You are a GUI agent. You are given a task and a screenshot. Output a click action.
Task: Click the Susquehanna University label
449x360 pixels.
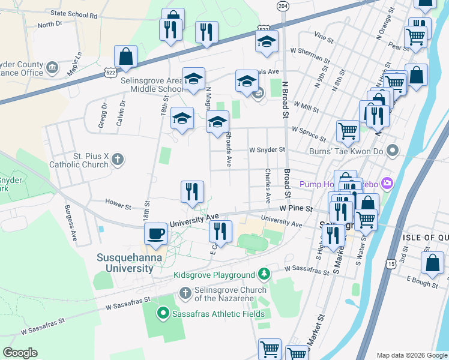pos(125,263)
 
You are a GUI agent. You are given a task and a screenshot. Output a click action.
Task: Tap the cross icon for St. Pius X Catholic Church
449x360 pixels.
pos(118,159)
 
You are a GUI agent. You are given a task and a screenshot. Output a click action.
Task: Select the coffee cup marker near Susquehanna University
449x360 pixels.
pos(156,234)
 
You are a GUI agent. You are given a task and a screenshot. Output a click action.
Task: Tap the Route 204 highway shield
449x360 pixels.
pos(282,5)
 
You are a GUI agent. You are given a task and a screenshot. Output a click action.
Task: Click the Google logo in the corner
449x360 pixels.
pos(20,353)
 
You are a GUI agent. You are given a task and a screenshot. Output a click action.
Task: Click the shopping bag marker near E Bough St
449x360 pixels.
pos(432,262)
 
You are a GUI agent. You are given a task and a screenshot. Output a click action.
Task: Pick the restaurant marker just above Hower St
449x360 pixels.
pos(193,192)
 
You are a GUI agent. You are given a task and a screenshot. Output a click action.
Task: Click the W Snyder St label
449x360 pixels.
pos(267,150)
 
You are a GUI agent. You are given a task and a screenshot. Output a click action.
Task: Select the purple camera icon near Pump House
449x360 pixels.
pos(388,182)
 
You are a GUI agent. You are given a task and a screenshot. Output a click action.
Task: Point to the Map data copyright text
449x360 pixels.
pos(412,355)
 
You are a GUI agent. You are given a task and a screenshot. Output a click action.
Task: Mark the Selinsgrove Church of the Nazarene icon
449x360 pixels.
pos(185,292)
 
